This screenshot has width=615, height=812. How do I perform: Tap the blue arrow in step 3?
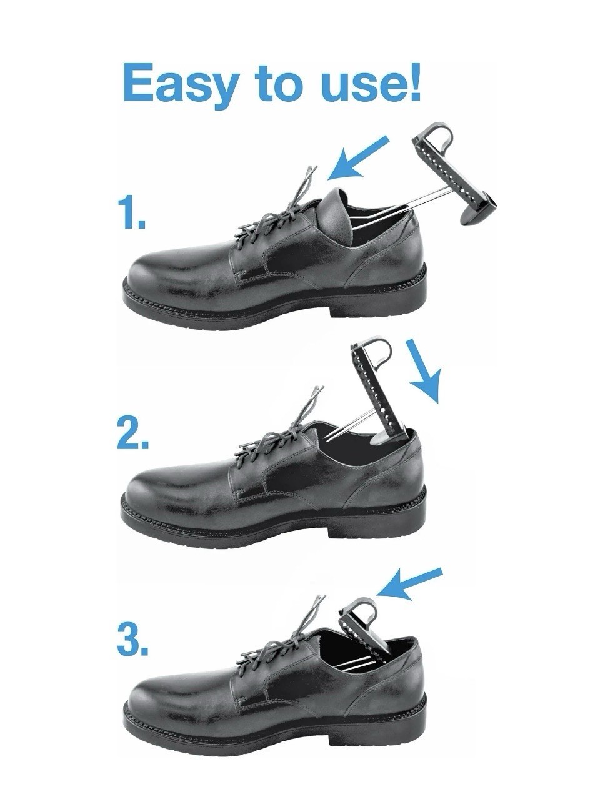pyautogui.click(x=410, y=583)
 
